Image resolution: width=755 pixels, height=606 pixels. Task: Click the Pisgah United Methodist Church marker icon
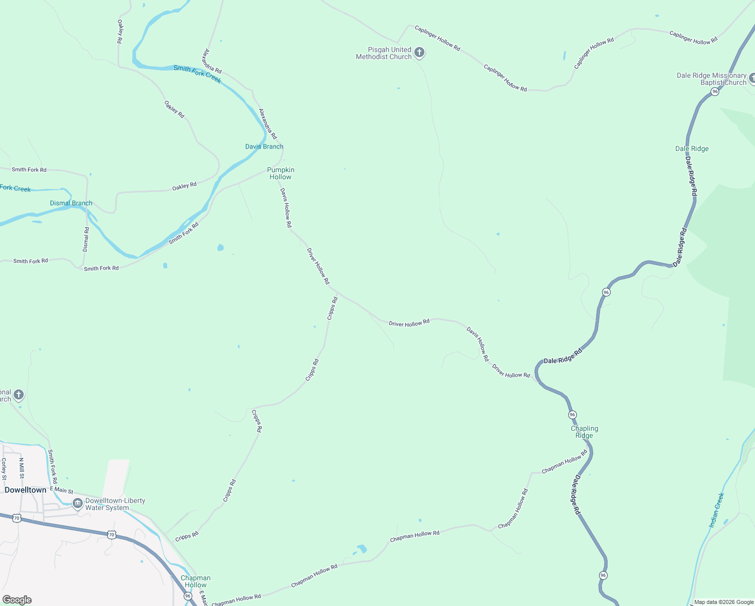pyautogui.click(x=419, y=52)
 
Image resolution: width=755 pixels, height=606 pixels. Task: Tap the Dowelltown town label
pyautogui.click(x=25, y=490)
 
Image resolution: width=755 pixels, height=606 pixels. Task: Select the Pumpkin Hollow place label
pyautogui.click(x=281, y=173)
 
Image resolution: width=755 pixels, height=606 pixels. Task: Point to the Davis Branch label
pyautogui.click(x=264, y=146)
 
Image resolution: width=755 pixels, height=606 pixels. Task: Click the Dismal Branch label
pyautogui.click(x=71, y=203)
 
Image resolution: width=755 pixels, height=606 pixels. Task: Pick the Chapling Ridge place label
pyautogui.click(x=584, y=432)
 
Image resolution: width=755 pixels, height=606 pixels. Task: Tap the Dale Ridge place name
pyautogui.click(x=692, y=148)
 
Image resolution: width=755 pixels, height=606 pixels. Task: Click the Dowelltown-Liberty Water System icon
pyautogui.click(x=78, y=503)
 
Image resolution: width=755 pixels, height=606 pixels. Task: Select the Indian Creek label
pyautogui.click(x=717, y=511)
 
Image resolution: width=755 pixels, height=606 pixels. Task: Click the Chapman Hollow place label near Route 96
pyautogui.click(x=195, y=581)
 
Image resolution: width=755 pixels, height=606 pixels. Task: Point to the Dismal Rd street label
pyautogui.click(x=86, y=239)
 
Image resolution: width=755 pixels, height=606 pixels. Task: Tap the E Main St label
pyautogui.click(x=62, y=490)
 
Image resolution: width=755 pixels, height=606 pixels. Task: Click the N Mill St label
pyautogui.click(x=22, y=469)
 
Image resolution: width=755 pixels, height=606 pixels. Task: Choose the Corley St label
pyautogui.click(x=4, y=469)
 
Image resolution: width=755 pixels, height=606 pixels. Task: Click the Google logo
pyautogui.click(x=17, y=599)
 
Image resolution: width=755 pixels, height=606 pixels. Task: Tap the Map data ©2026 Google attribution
pyautogui.click(x=724, y=602)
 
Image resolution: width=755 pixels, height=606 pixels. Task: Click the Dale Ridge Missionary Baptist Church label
pyautogui.click(x=711, y=79)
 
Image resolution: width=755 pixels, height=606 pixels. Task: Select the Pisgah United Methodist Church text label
pyautogui.click(x=384, y=53)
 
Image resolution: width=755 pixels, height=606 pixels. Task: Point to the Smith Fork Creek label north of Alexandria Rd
pyautogui.click(x=197, y=74)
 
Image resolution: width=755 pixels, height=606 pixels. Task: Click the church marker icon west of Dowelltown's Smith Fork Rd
pyautogui.click(x=19, y=394)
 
